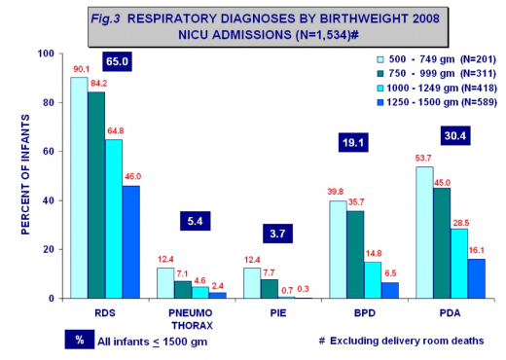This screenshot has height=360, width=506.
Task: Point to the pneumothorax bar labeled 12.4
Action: (166, 283)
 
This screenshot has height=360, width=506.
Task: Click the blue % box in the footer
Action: (80, 340)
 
